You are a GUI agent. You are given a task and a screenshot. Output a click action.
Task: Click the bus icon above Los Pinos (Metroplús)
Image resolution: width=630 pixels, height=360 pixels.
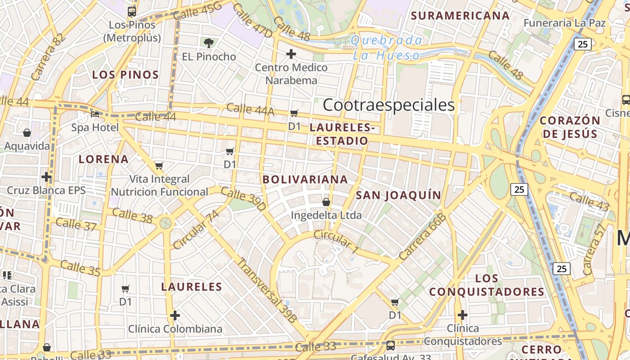[x=132, y=12]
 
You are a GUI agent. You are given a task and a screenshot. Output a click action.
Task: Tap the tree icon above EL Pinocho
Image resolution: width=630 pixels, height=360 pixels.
[x=208, y=43]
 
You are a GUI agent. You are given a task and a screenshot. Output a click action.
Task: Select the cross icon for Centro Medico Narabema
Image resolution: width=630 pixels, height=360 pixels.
[x=291, y=54]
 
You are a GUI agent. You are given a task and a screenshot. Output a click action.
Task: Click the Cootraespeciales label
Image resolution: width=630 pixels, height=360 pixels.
[x=389, y=105]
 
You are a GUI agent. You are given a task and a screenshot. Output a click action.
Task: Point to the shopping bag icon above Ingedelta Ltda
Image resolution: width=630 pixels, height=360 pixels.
[x=326, y=202]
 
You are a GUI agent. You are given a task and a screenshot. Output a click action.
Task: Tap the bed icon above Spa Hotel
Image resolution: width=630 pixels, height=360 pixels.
[x=95, y=114]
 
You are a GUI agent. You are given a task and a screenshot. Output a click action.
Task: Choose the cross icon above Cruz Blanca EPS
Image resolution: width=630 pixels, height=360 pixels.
[x=46, y=176]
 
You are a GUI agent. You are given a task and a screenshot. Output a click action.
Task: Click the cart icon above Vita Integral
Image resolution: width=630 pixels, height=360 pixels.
[x=159, y=166]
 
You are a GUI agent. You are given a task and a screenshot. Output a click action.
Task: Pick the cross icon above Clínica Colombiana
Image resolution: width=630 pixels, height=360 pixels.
[x=175, y=315]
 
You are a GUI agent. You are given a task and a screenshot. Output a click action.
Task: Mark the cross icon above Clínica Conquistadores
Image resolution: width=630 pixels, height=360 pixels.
[x=462, y=315]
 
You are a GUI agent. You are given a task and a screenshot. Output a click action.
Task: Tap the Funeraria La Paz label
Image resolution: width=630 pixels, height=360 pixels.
[x=565, y=23]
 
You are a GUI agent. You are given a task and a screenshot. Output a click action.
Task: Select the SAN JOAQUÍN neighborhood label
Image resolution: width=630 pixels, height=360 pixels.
[x=398, y=195]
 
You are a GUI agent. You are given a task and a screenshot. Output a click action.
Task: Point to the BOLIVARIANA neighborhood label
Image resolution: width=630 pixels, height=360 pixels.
[x=305, y=179]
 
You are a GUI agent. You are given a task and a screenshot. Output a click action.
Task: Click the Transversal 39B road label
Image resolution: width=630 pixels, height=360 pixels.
[x=267, y=290]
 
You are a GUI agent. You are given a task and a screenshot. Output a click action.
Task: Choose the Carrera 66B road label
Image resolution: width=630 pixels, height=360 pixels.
[x=422, y=236]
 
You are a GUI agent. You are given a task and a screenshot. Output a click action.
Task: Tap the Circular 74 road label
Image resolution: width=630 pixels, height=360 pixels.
[x=196, y=229]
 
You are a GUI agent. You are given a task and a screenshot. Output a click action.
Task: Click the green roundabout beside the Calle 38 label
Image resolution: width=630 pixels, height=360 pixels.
[x=166, y=223]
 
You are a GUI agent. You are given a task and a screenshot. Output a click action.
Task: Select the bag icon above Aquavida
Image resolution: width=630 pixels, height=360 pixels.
[x=27, y=133]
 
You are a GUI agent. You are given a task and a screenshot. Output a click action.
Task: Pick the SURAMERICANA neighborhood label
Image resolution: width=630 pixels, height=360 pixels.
[x=460, y=16]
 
